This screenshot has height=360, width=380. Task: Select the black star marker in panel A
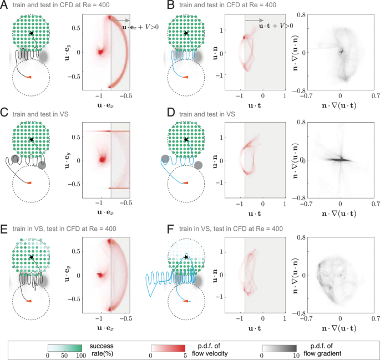tap(32, 34)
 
